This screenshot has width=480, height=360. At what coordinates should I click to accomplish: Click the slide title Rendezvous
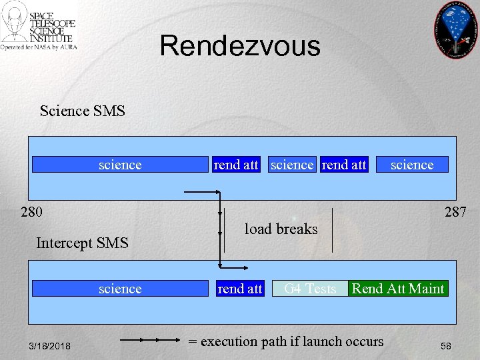coord(240,46)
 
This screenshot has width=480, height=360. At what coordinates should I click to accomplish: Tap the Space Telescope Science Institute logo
coord(39,27)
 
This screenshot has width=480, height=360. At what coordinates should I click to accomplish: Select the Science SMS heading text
coord(82,111)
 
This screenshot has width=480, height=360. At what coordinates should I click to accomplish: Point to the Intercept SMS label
coord(82,243)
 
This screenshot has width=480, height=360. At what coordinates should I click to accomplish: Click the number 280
coord(31,213)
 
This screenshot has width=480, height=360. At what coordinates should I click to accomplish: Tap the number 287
coord(455,212)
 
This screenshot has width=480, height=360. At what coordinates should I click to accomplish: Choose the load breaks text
coord(281,229)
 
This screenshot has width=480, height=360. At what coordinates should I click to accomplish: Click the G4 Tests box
coord(310,289)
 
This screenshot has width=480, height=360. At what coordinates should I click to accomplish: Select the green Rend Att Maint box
coord(398,289)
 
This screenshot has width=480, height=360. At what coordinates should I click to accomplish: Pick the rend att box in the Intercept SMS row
coord(240,289)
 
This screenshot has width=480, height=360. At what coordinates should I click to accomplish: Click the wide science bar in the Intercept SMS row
coord(120,289)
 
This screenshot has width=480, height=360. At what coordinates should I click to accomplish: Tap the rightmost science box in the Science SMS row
coord(412,165)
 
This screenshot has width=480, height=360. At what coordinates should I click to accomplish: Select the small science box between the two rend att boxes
coord(292,165)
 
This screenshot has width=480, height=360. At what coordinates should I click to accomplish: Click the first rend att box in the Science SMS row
coord(236,165)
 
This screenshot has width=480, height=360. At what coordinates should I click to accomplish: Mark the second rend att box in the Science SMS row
coord(344,165)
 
